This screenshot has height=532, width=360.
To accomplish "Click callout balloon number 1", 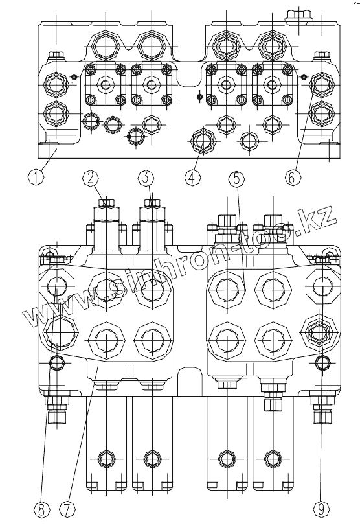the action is coord(36,177).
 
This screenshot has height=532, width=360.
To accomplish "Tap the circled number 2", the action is coord(91,178).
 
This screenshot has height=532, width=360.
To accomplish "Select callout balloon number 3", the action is coord(146,178).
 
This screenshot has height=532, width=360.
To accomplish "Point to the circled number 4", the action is coord(192,177).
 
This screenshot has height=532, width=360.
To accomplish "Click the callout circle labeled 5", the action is coord(236,178).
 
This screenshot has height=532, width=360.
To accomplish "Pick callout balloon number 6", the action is coord(292,177).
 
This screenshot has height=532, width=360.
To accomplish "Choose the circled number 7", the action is coord(67,509).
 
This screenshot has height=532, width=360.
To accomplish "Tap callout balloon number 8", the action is coord(41,509).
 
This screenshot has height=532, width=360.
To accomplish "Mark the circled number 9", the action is coord(321,509).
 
